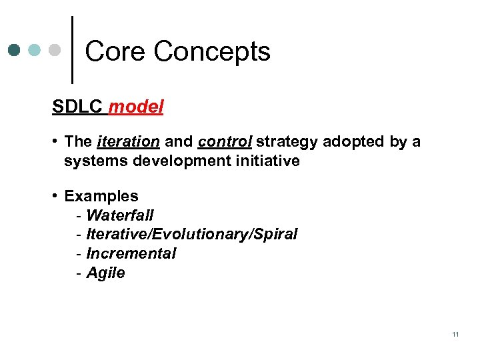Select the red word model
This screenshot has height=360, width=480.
click(135, 107)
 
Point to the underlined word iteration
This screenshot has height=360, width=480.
click(128, 141)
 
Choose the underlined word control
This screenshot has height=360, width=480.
click(225, 141)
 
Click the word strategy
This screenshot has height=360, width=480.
click(287, 141)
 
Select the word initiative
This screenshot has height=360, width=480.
click(267, 161)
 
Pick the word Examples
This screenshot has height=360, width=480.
click(101, 196)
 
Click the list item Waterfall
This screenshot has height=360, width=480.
click(120, 215)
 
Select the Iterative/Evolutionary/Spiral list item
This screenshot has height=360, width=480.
click(192, 235)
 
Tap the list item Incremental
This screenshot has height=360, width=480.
click(131, 254)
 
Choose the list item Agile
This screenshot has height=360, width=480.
click(106, 273)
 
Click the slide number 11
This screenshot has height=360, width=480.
click(455, 334)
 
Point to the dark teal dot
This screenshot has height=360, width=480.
click(15, 50)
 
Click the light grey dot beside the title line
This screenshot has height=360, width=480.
click(57, 50)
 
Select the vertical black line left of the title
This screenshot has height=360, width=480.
click(72, 50)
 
